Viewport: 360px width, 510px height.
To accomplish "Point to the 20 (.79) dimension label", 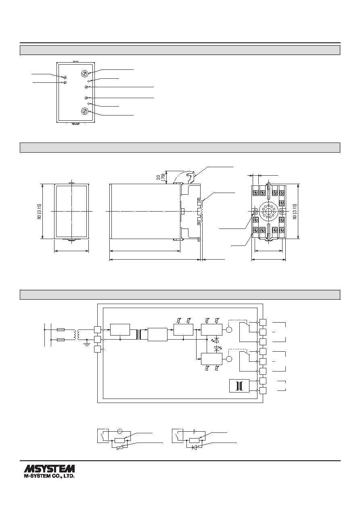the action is [161, 177].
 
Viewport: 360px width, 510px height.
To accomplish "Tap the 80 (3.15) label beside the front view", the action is [40, 212].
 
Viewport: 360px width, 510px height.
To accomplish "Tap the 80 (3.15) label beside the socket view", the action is [295, 212].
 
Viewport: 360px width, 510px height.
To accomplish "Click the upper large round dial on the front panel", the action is [85, 73].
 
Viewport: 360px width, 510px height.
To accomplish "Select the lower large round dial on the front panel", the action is [85, 111].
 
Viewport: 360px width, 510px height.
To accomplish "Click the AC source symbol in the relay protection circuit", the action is [120, 431].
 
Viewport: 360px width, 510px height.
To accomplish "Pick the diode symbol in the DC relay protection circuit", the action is [195, 447].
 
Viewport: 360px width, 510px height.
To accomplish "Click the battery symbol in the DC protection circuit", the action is [194, 431].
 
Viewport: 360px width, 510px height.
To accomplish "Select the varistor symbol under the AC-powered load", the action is [120, 447].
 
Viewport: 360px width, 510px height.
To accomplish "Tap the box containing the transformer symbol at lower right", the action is [239, 386].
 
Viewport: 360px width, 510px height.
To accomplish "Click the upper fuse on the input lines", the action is [61, 330].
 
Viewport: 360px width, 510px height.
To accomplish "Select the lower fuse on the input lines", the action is [61, 340].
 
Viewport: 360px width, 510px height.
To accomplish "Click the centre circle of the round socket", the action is [269, 212].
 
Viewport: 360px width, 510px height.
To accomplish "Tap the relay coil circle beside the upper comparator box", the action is [229, 330].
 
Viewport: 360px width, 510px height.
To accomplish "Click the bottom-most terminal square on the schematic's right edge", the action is [263, 390].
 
